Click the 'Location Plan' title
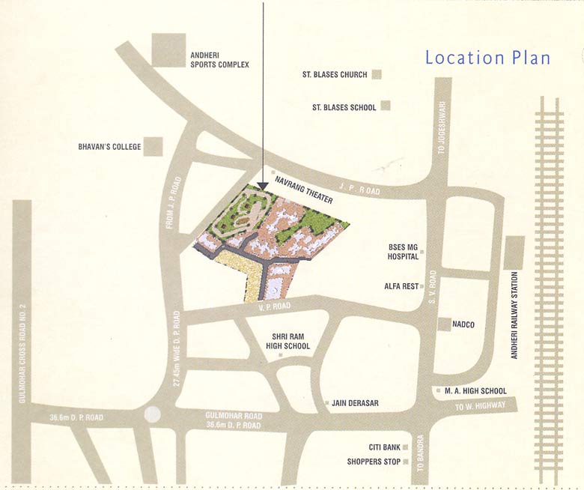[x=487, y=58]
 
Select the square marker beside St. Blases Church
[x=377, y=74]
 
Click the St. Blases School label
[x=344, y=107]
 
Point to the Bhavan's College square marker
[x=153, y=146]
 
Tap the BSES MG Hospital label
[x=403, y=251]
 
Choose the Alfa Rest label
[x=401, y=286]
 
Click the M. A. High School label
[x=475, y=391]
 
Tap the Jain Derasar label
[x=355, y=403]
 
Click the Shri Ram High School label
[x=288, y=341]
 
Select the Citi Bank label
[x=384, y=447]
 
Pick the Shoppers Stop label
[x=374, y=462]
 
